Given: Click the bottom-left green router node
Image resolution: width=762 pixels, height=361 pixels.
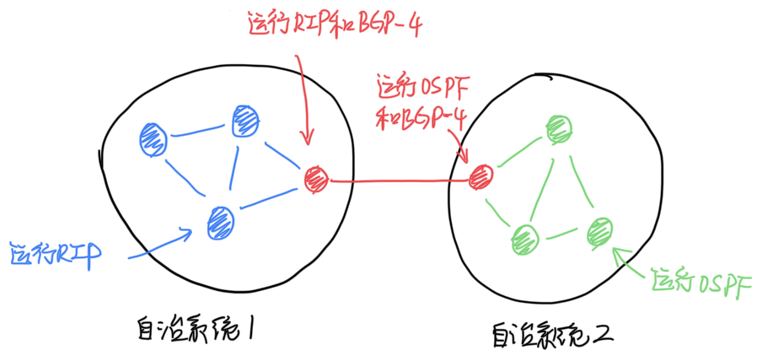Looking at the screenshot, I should coord(523,237).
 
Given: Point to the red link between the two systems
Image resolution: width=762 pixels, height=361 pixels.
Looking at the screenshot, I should coord(396,180).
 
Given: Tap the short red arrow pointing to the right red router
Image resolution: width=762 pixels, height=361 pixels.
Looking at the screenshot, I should coord(455,145).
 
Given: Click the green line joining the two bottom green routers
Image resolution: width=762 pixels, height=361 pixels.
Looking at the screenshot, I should coord(561,234).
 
